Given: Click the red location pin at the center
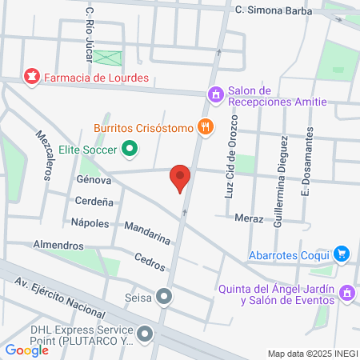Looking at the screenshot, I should pos(181,178).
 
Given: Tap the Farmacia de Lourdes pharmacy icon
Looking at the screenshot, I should pos(32,78).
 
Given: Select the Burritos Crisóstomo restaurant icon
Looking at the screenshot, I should pos(206,126).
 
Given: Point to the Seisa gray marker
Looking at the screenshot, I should pos(165,298).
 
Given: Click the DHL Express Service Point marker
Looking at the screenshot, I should pos(145,333).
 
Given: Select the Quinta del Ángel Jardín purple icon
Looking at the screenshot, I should pos(347,294).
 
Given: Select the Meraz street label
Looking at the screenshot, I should pos(250,218).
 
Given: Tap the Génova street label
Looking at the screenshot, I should pos(93,181).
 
